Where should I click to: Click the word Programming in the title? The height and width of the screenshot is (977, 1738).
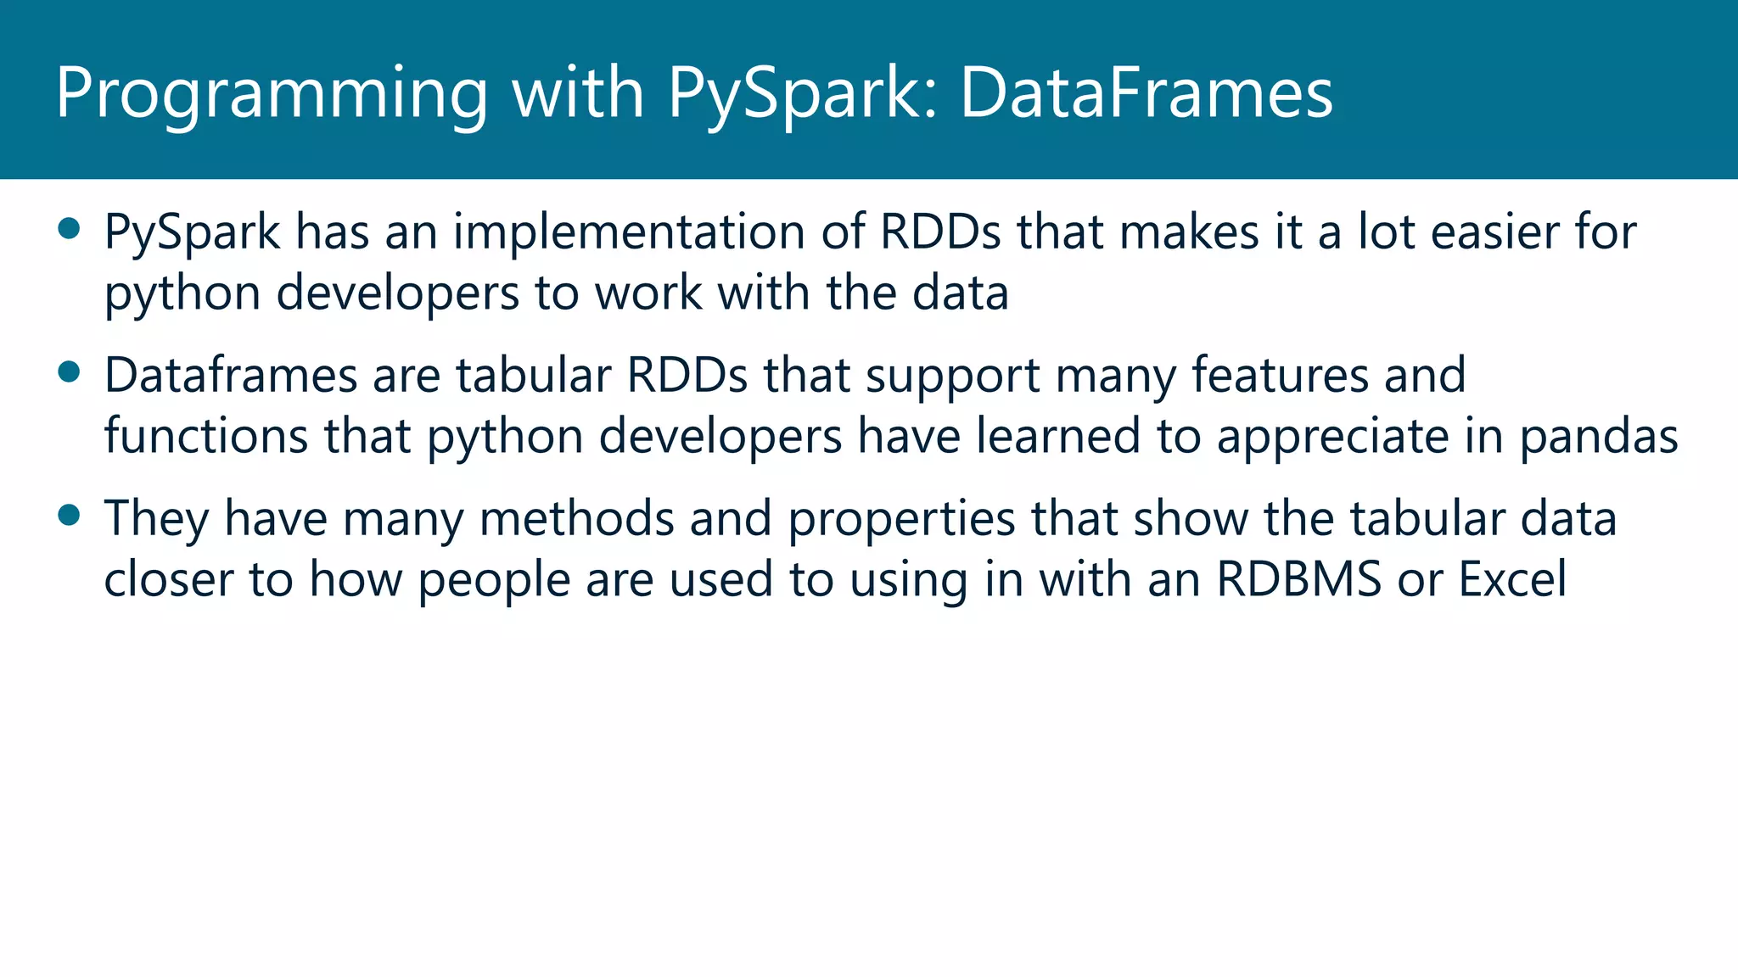point(272,93)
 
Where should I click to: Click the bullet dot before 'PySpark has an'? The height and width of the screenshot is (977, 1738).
point(69,228)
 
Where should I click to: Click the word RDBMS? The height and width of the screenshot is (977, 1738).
point(1299,580)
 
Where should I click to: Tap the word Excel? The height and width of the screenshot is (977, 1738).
point(1512,580)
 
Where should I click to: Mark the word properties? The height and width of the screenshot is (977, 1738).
point(901,520)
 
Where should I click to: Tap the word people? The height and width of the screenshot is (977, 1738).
point(494,582)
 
